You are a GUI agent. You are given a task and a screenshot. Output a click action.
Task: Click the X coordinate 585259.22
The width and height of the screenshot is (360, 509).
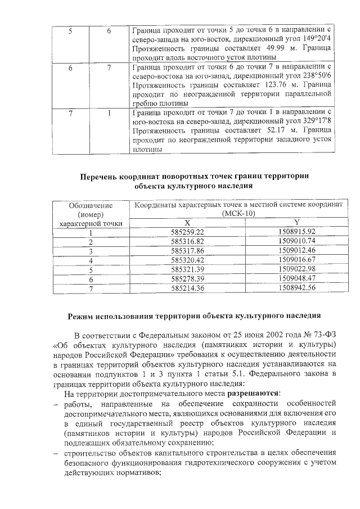[187, 232]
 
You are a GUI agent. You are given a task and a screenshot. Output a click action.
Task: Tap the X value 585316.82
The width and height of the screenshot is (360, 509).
[187, 241]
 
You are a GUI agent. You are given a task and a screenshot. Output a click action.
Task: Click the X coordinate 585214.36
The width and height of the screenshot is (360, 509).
[187, 287]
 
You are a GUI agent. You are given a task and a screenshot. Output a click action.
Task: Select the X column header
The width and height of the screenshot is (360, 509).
[187, 223]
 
